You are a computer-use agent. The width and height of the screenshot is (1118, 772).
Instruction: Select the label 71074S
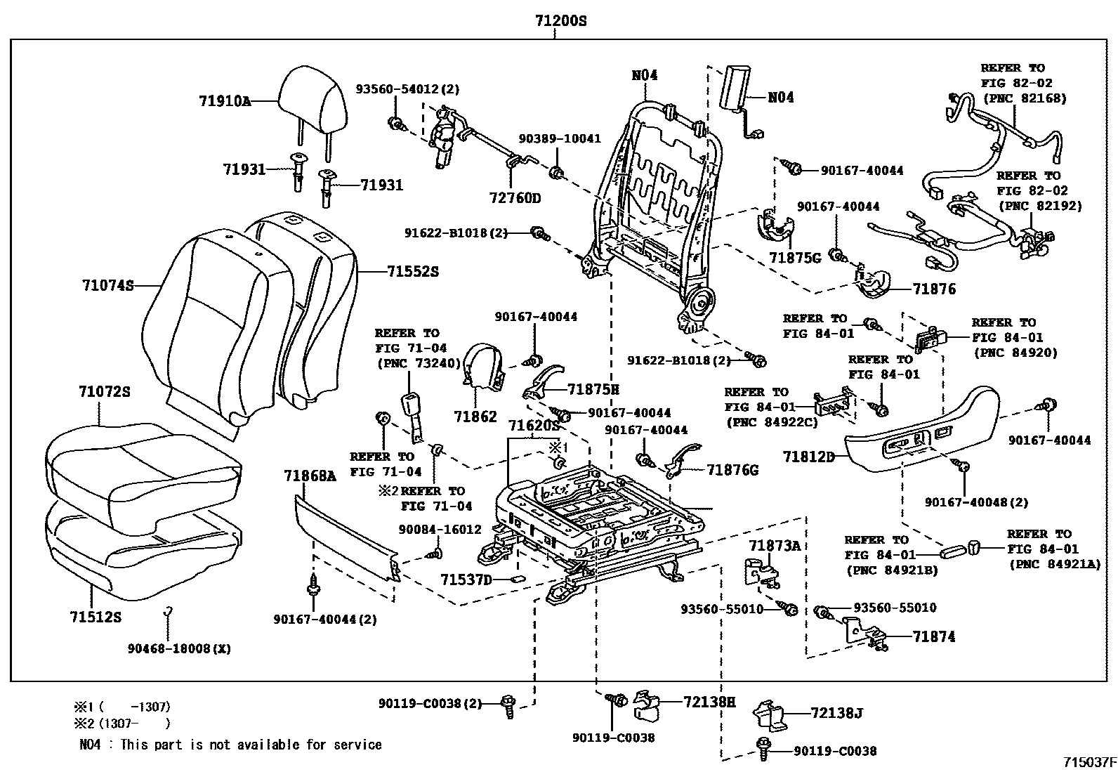tap(107, 286)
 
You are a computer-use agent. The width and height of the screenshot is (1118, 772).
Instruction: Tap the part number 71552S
tap(412, 271)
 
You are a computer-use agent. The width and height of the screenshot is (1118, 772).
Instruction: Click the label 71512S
tap(96, 617)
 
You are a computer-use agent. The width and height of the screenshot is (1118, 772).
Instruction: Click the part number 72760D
tap(515, 198)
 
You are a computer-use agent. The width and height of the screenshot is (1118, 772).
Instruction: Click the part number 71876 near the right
tap(934, 289)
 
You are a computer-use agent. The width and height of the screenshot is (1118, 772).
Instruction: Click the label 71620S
tap(534, 426)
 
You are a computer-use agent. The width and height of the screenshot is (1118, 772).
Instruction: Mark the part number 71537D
tap(466, 580)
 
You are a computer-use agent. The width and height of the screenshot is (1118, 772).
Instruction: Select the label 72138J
tap(836, 714)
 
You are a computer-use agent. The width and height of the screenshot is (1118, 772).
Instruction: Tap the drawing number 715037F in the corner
tap(1089, 762)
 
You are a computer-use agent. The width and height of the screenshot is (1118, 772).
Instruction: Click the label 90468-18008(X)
tap(179, 649)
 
